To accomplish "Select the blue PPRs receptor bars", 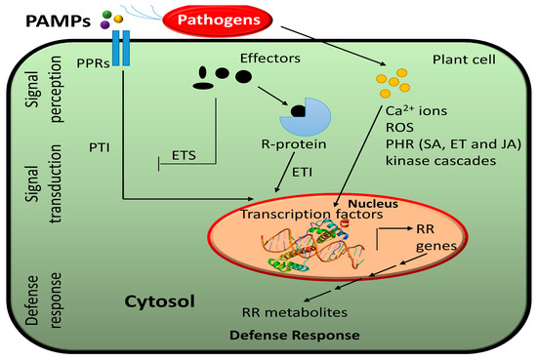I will click(x=120, y=48).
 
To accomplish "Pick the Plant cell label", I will click(x=458, y=60).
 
